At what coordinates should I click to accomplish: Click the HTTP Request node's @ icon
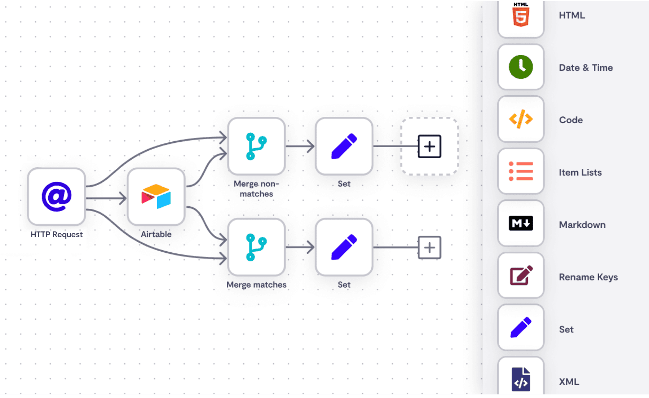click(57, 196)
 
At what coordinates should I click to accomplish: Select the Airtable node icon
click(156, 196)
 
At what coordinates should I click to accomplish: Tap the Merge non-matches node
click(256, 146)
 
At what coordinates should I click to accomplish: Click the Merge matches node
click(256, 247)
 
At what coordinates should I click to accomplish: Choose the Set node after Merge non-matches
click(344, 146)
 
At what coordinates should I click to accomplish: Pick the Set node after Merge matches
click(344, 247)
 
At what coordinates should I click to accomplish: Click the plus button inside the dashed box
click(429, 146)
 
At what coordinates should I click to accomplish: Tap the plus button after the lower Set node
click(429, 248)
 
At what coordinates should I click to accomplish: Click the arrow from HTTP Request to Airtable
click(106, 198)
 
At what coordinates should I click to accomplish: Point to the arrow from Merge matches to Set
click(300, 247)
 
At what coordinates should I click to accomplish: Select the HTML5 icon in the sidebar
click(521, 15)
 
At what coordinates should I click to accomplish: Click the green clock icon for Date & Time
click(521, 67)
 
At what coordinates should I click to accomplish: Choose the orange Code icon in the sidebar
click(521, 119)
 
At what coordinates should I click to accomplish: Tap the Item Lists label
click(580, 172)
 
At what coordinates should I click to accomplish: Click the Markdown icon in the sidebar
click(521, 224)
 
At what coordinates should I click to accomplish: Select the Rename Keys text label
click(588, 277)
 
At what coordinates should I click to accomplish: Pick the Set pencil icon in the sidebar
click(521, 327)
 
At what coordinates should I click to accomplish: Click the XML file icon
click(521, 379)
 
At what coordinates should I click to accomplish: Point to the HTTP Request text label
click(57, 234)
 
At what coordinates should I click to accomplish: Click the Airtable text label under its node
click(156, 234)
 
